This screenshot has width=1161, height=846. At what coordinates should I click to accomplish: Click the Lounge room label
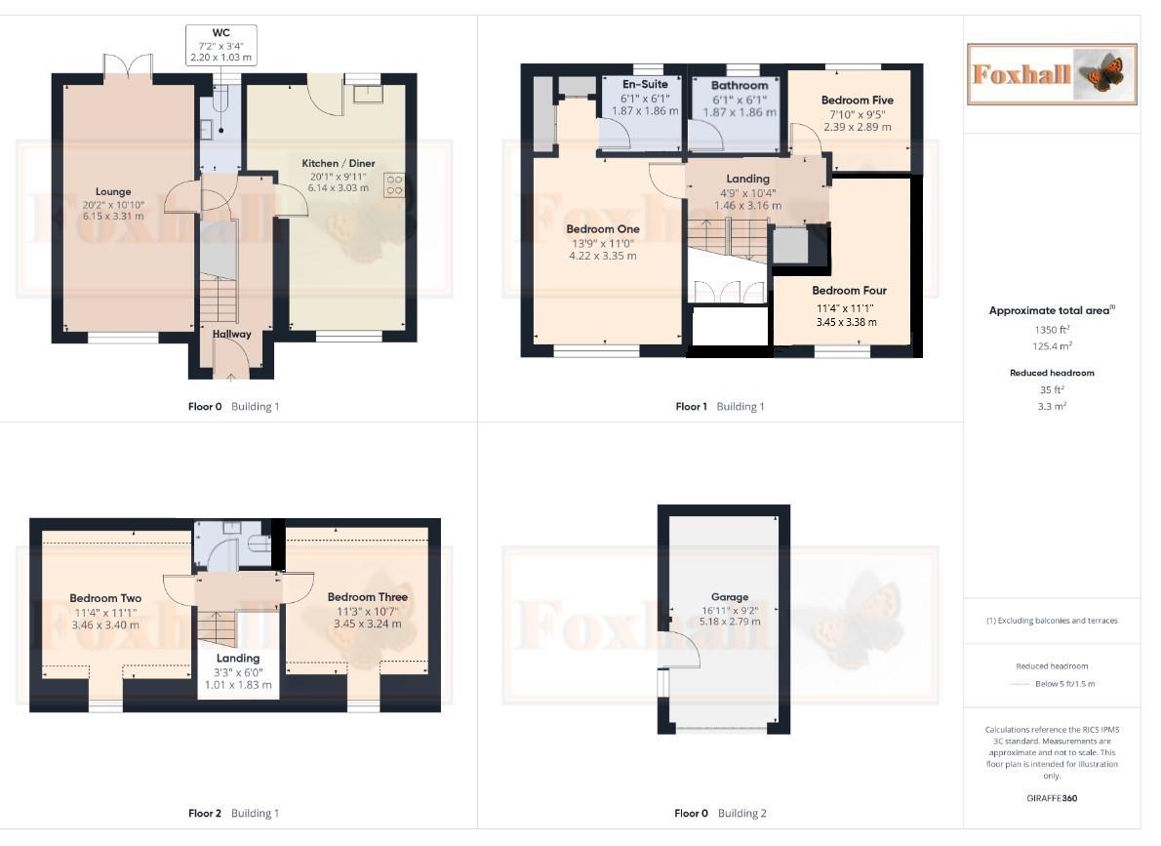pyautogui.click(x=113, y=192)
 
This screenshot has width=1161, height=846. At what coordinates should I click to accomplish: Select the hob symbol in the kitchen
pyautogui.click(x=396, y=184)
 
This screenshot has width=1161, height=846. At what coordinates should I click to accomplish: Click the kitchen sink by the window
pyautogui.click(x=369, y=94)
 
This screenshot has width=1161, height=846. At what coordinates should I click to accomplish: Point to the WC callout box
pyautogui.click(x=221, y=45)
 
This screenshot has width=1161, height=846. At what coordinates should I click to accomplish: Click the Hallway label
pyautogui.click(x=232, y=334)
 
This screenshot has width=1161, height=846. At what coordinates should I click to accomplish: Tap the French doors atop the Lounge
pyautogui.click(x=128, y=65)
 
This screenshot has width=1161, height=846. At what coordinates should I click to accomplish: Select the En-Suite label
pyautogui.click(x=645, y=85)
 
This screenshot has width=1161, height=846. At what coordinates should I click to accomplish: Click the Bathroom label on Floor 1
pyautogui.click(x=739, y=86)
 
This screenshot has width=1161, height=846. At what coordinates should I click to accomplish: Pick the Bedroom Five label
pyautogui.click(x=857, y=101)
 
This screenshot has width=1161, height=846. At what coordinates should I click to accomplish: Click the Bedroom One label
pyautogui.click(x=602, y=229)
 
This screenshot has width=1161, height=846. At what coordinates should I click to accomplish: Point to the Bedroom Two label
pyautogui.click(x=105, y=599)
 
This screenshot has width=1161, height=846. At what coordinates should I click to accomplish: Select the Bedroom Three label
pyautogui.click(x=368, y=597)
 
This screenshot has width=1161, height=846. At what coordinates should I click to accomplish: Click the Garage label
pyautogui.click(x=730, y=597)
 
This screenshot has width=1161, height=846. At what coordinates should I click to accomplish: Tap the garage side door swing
pyautogui.click(x=683, y=649)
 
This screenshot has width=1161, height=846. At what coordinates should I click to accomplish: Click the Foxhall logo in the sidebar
pyautogui.click(x=1052, y=74)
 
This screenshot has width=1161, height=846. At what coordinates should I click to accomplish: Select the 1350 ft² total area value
pyautogui.click(x=1051, y=330)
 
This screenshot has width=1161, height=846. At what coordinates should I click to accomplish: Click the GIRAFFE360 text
pyautogui.click(x=1051, y=798)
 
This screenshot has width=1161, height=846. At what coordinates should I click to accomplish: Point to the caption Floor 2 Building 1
pyautogui.click(x=233, y=813)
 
